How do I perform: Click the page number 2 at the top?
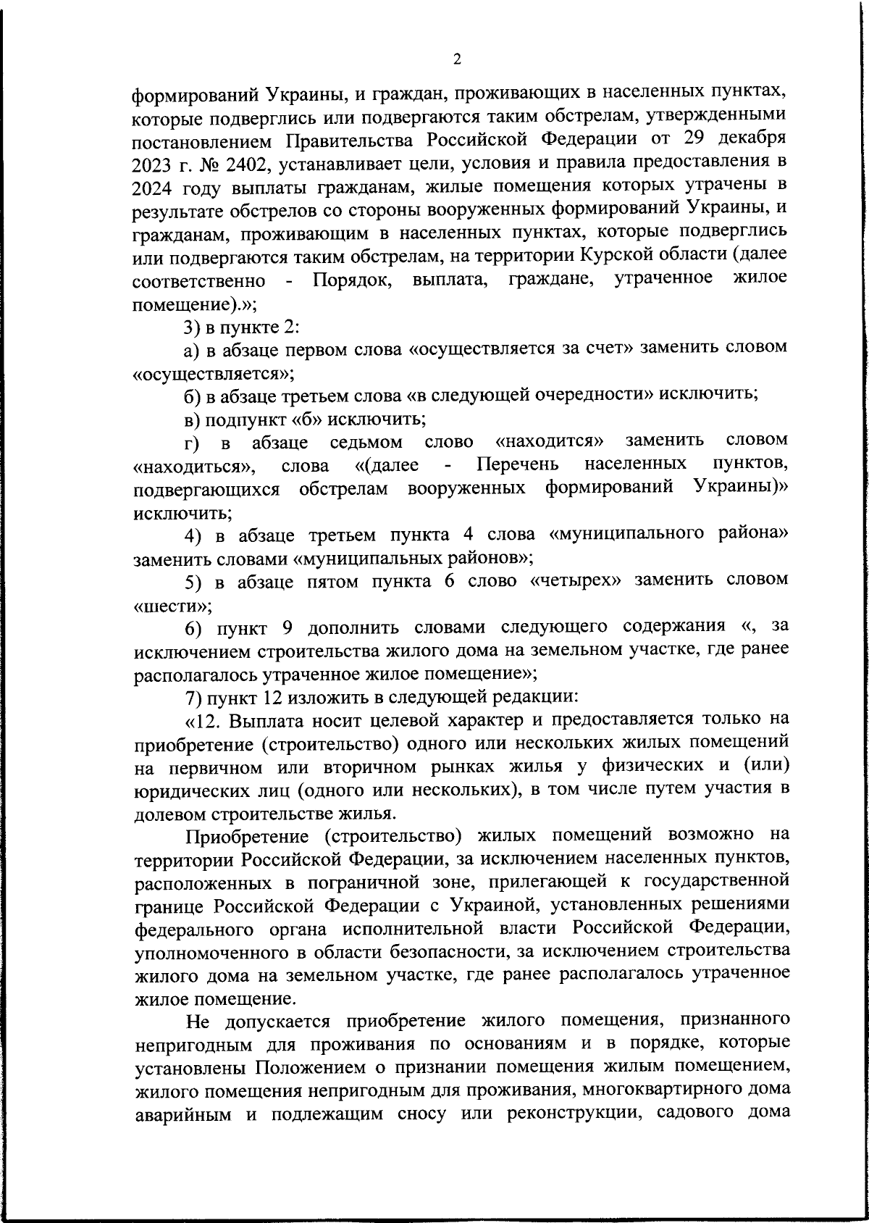point(456,60)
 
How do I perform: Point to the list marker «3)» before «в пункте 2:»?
point(191,326)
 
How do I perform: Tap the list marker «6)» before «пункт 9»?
point(191,627)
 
